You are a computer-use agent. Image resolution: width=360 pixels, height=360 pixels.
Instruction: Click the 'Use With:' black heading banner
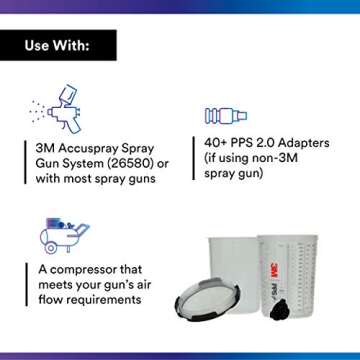pos(58,45)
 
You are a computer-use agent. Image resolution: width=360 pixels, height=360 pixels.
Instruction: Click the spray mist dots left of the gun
pos(38,109)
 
